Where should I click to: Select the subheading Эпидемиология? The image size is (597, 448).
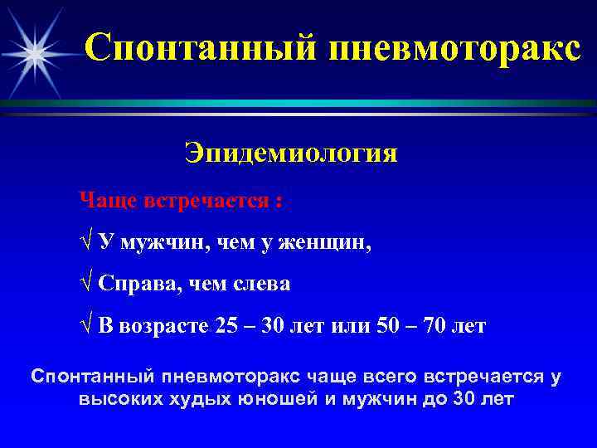pos(291,154)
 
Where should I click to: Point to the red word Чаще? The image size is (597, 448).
pos(110,201)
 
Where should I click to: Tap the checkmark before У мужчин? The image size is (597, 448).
pos(85,242)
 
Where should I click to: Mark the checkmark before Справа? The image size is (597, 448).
pos(85,285)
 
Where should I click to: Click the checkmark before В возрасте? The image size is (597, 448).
pos(85,326)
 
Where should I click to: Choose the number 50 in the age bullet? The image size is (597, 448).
pos(386,326)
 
